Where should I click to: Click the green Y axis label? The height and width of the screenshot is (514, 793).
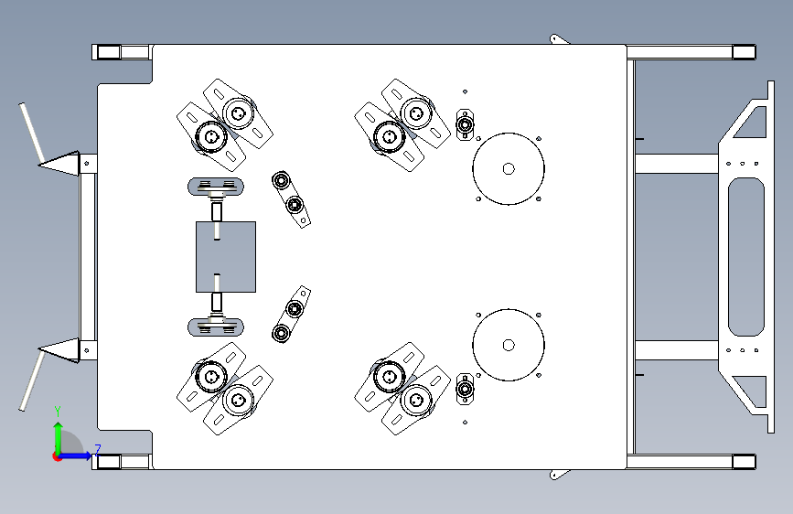click(x=58, y=411)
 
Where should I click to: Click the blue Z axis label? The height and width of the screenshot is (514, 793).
click(x=98, y=450)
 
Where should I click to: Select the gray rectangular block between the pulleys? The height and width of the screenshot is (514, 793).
click(x=226, y=256)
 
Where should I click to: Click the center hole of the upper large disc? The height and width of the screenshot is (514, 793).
click(x=509, y=169)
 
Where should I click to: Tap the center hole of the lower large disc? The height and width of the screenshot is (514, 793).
click(x=509, y=345)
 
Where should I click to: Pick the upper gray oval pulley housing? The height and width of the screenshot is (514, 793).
click(x=216, y=187)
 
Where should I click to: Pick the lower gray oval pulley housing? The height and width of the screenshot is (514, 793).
click(x=216, y=327)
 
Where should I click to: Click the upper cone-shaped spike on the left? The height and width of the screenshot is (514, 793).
click(x=59, y=163)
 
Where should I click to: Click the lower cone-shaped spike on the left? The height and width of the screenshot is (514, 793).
click(x=59, y=350)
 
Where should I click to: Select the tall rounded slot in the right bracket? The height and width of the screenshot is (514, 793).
click(x=746, y=256)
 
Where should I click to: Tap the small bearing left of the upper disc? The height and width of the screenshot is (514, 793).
click(x=465, y=124)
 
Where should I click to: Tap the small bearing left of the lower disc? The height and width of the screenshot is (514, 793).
click(x=465, y=389)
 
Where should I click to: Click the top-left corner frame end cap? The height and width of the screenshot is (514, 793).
click(x=108, y=52)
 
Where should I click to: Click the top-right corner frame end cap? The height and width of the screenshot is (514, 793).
click(x=744, y=52)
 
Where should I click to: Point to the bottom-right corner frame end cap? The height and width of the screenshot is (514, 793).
click(x=744, y=461)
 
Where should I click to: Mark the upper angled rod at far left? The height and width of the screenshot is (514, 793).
click(x=31, y=133)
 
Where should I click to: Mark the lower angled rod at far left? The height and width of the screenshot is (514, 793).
click(x=32, y=381)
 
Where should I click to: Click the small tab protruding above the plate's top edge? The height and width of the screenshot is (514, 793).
click(x=558, y=39)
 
